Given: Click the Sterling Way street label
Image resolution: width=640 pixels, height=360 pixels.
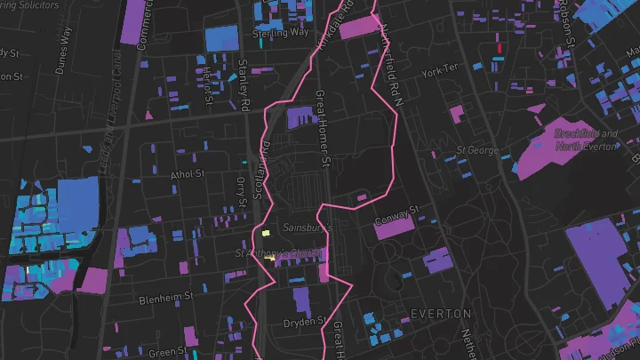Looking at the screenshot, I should click(x=280, y=31).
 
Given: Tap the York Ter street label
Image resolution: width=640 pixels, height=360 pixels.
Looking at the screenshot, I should click(x=439, y=69).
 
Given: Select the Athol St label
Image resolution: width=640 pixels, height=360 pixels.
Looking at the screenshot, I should click(x=188, y=174).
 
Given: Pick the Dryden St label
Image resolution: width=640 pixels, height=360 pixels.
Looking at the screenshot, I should click(x=300, y=321).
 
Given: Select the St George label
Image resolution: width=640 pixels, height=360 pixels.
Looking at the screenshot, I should click(x=476, y=150).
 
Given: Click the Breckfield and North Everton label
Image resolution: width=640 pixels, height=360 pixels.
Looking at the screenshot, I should click(x=584, y=140).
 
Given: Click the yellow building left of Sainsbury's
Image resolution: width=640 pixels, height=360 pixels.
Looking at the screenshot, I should click(x=265, y=234).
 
